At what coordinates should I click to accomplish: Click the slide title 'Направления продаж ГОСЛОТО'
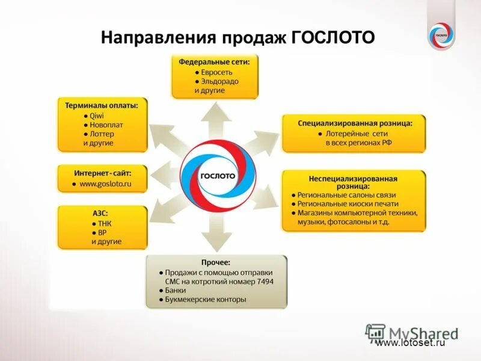click(x=237, y=38)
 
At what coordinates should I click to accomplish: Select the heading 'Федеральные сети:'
click(x=215, y=61)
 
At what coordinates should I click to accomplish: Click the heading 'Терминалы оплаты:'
click(x=102, y=105)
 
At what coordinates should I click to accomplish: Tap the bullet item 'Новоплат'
click(x=106, y=125)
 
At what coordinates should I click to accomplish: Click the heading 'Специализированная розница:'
click(x=355, y=123)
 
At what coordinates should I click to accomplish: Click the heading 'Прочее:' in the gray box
click(x=216, y=262)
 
